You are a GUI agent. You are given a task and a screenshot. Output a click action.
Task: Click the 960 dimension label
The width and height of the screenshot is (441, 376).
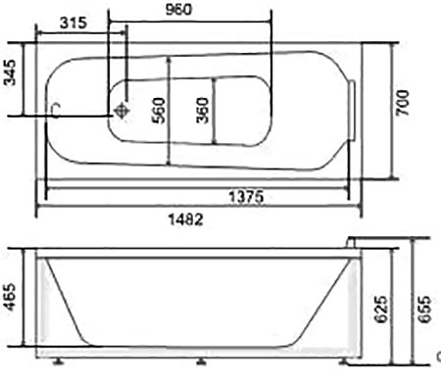179,9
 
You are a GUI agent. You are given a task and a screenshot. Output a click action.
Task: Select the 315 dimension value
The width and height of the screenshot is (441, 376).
73,23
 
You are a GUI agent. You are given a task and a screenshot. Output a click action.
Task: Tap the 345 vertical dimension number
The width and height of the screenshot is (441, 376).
10,72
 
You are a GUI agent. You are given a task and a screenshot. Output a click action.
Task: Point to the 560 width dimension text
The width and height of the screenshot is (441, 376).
159,111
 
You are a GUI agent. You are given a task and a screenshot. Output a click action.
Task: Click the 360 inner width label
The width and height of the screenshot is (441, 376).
203,111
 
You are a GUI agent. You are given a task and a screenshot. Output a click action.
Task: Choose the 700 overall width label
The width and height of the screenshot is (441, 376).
403,103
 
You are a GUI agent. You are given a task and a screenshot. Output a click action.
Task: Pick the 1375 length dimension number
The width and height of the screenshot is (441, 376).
246,197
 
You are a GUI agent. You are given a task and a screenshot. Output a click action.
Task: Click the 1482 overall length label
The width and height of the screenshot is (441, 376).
185,219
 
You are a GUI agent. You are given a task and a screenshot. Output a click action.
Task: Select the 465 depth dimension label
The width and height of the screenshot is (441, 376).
10,297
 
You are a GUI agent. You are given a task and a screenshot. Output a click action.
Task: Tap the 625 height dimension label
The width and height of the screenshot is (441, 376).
381,309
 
